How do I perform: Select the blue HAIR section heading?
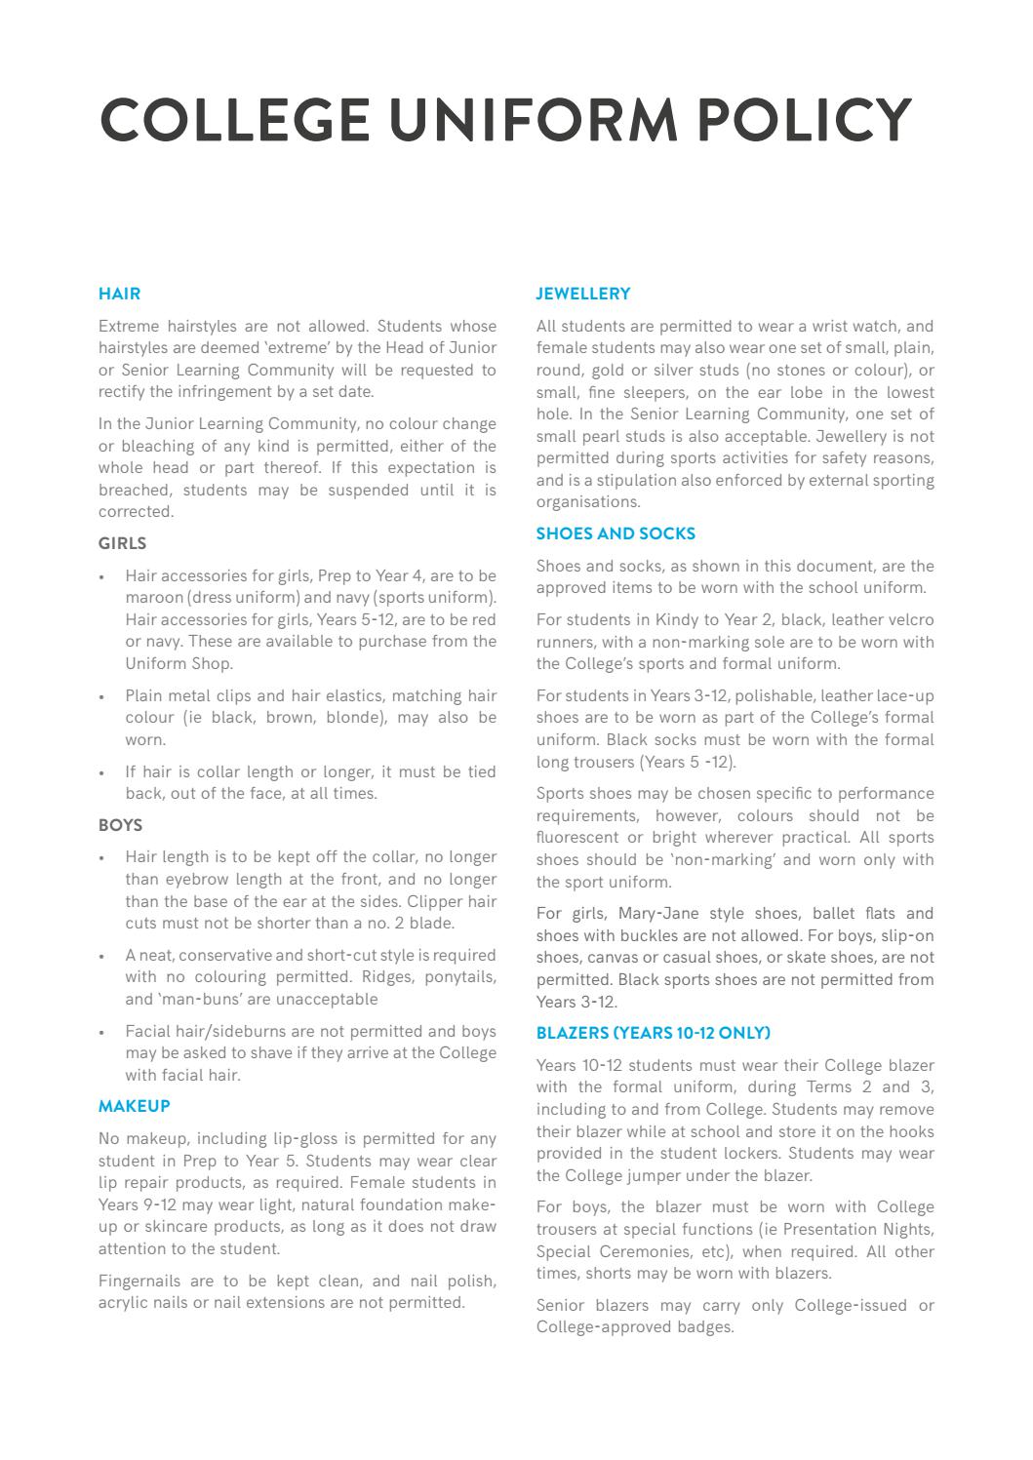point(119,294)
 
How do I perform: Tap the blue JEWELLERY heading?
point(583,294)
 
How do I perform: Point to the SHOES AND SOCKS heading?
point(616,533)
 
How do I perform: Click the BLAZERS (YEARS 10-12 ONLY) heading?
point(653,1033)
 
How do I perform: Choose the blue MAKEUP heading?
point(134,1106)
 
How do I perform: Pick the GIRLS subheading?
point(122,544)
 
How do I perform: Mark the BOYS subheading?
point(120,825)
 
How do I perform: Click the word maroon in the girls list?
point(153,598)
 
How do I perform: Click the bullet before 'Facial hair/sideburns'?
point(102,1032)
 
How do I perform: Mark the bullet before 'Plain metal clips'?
point(102,696)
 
